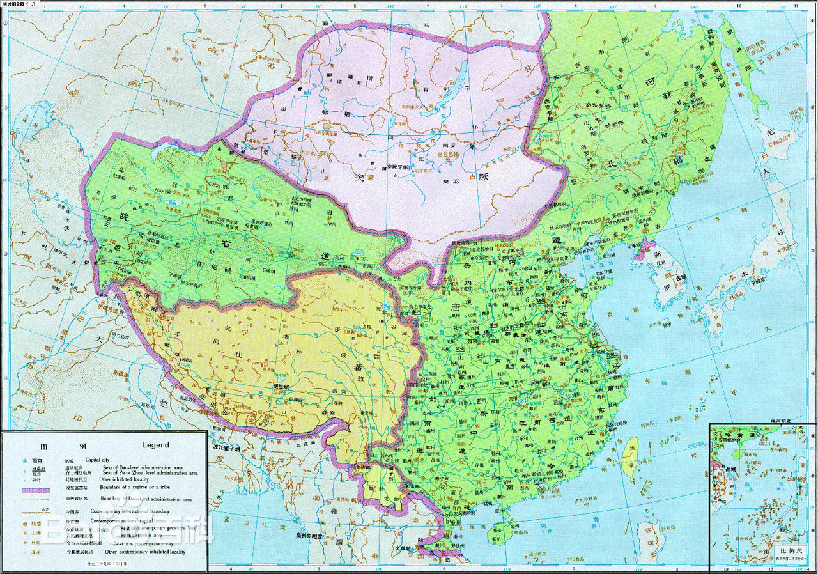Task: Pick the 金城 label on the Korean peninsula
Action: coord(668,277)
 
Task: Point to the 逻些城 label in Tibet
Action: coord(282,387)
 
